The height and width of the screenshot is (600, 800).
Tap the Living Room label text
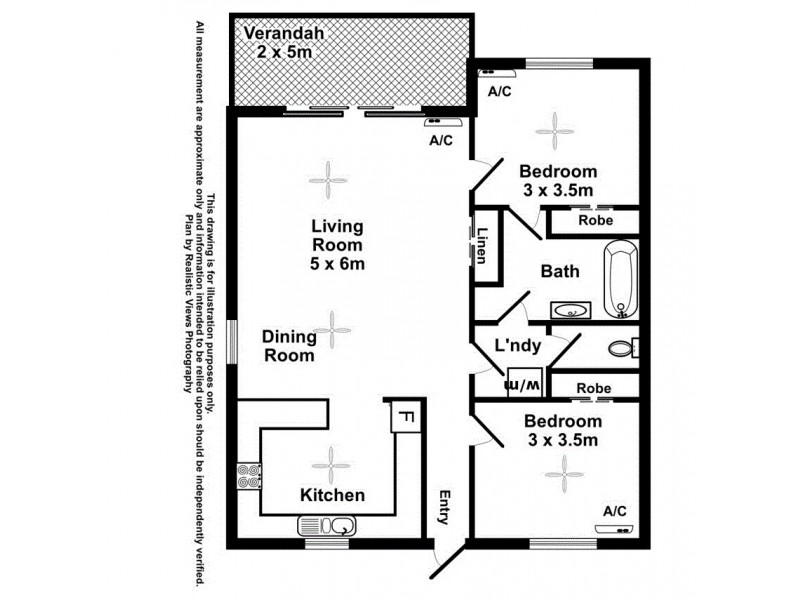click(x=336, y=245)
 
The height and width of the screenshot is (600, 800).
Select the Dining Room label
click(x=289, y=346)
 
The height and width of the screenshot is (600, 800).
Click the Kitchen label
click(x=333, y=495)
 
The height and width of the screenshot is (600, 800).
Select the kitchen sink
click(x=326, y=525)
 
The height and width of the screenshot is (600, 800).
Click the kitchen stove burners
click(x=248, y=477)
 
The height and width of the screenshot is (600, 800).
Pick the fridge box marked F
click(x=405, y=415)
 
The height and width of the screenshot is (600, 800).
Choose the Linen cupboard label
click(x=481, y=246)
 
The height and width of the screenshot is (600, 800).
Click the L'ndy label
click(x=519, y=347)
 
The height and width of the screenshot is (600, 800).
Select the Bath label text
click(x=560, y=271)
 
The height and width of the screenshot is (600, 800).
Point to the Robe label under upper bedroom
click(x=595, y=220)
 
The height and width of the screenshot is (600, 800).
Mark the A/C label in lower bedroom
click(x=615, y=511)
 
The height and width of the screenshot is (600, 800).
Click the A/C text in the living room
click(x=441, y=141)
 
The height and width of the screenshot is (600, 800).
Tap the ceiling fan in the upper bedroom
click(x=551, y=127)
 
